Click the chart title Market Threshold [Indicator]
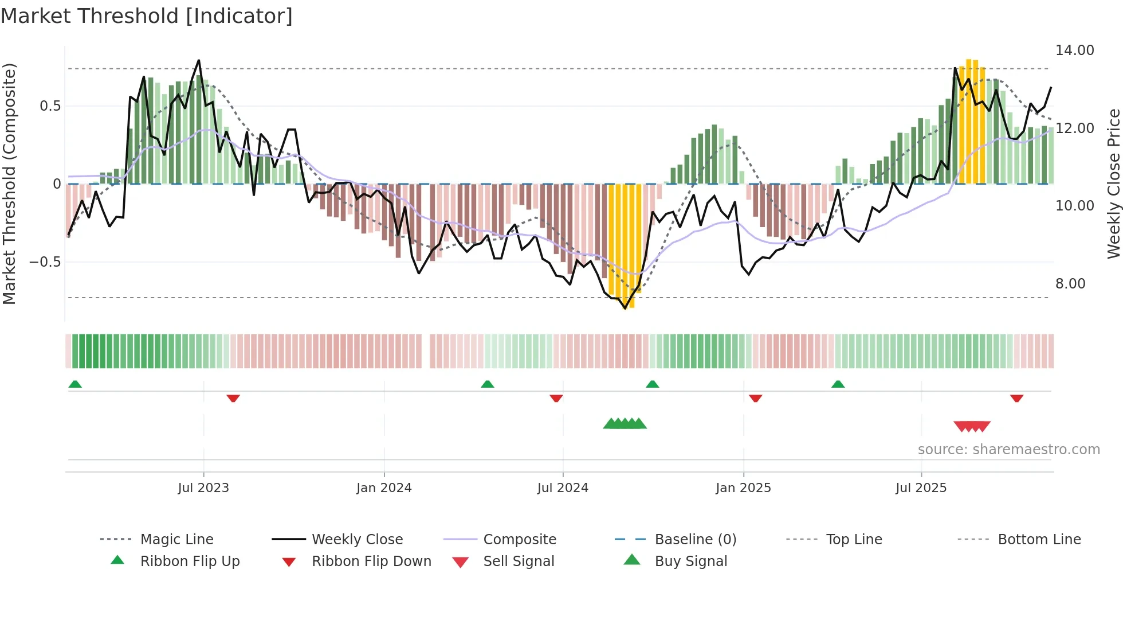[x=147, y=16]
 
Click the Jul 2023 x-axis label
[x=203, y=488]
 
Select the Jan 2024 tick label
[x=384, y=488]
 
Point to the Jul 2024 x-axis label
[x=563, y=488]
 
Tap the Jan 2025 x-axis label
[x=743, y=488]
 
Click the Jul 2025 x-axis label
[x=921, y=488]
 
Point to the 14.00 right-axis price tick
[x=1074, y=50]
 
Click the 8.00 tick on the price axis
[x=1070, y=284]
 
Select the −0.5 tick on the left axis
[x=45, y=262]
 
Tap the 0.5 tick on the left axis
[x=50, y=106]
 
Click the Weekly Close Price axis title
[x=1113, y=184]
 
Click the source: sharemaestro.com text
[x=1008, y=450]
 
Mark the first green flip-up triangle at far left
[x=75, y=384]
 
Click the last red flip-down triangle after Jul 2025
[x=1016, y=398]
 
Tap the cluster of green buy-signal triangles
[x=625, y=424]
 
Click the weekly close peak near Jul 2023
[x=199, y=60]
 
